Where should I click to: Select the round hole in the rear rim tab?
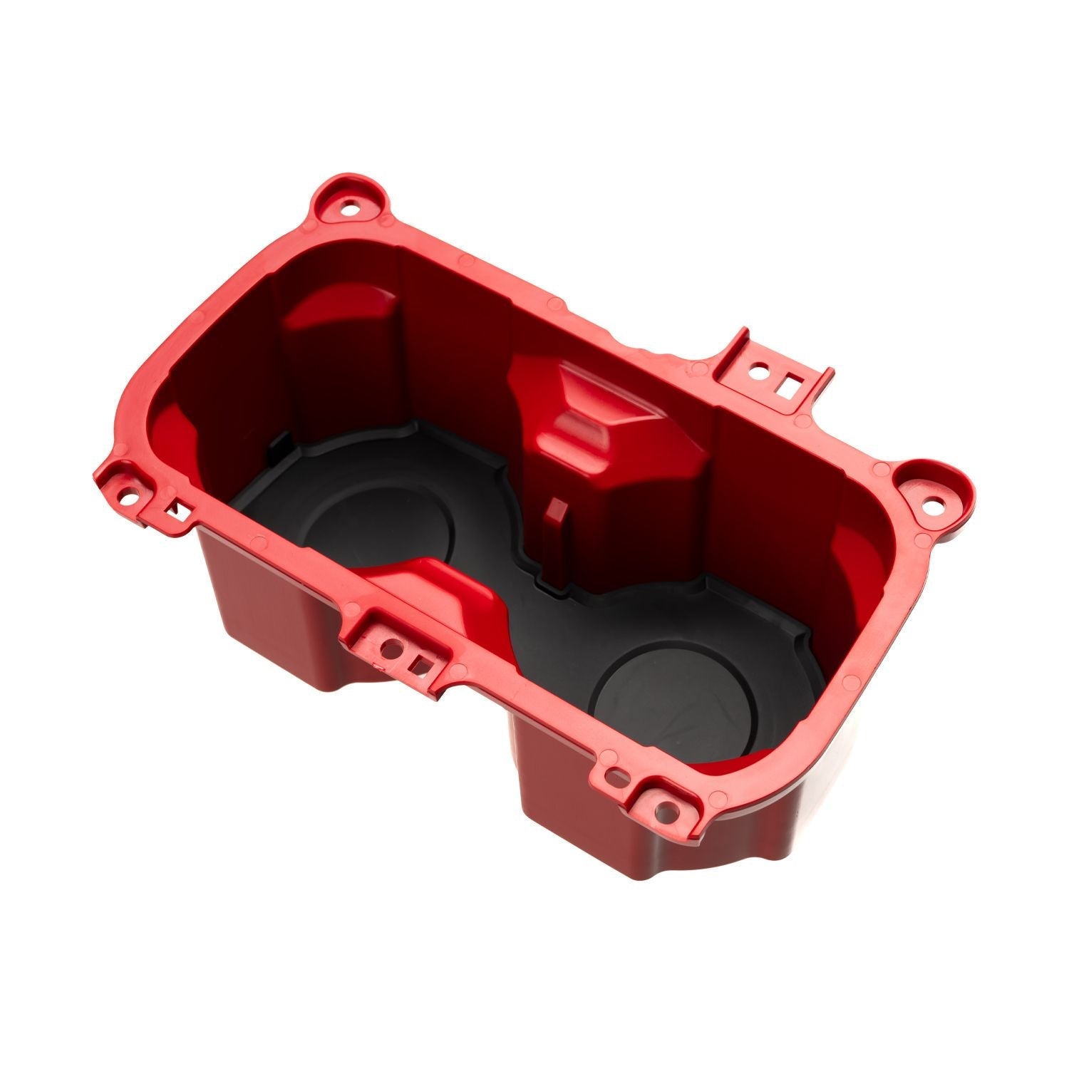point(760,371)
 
